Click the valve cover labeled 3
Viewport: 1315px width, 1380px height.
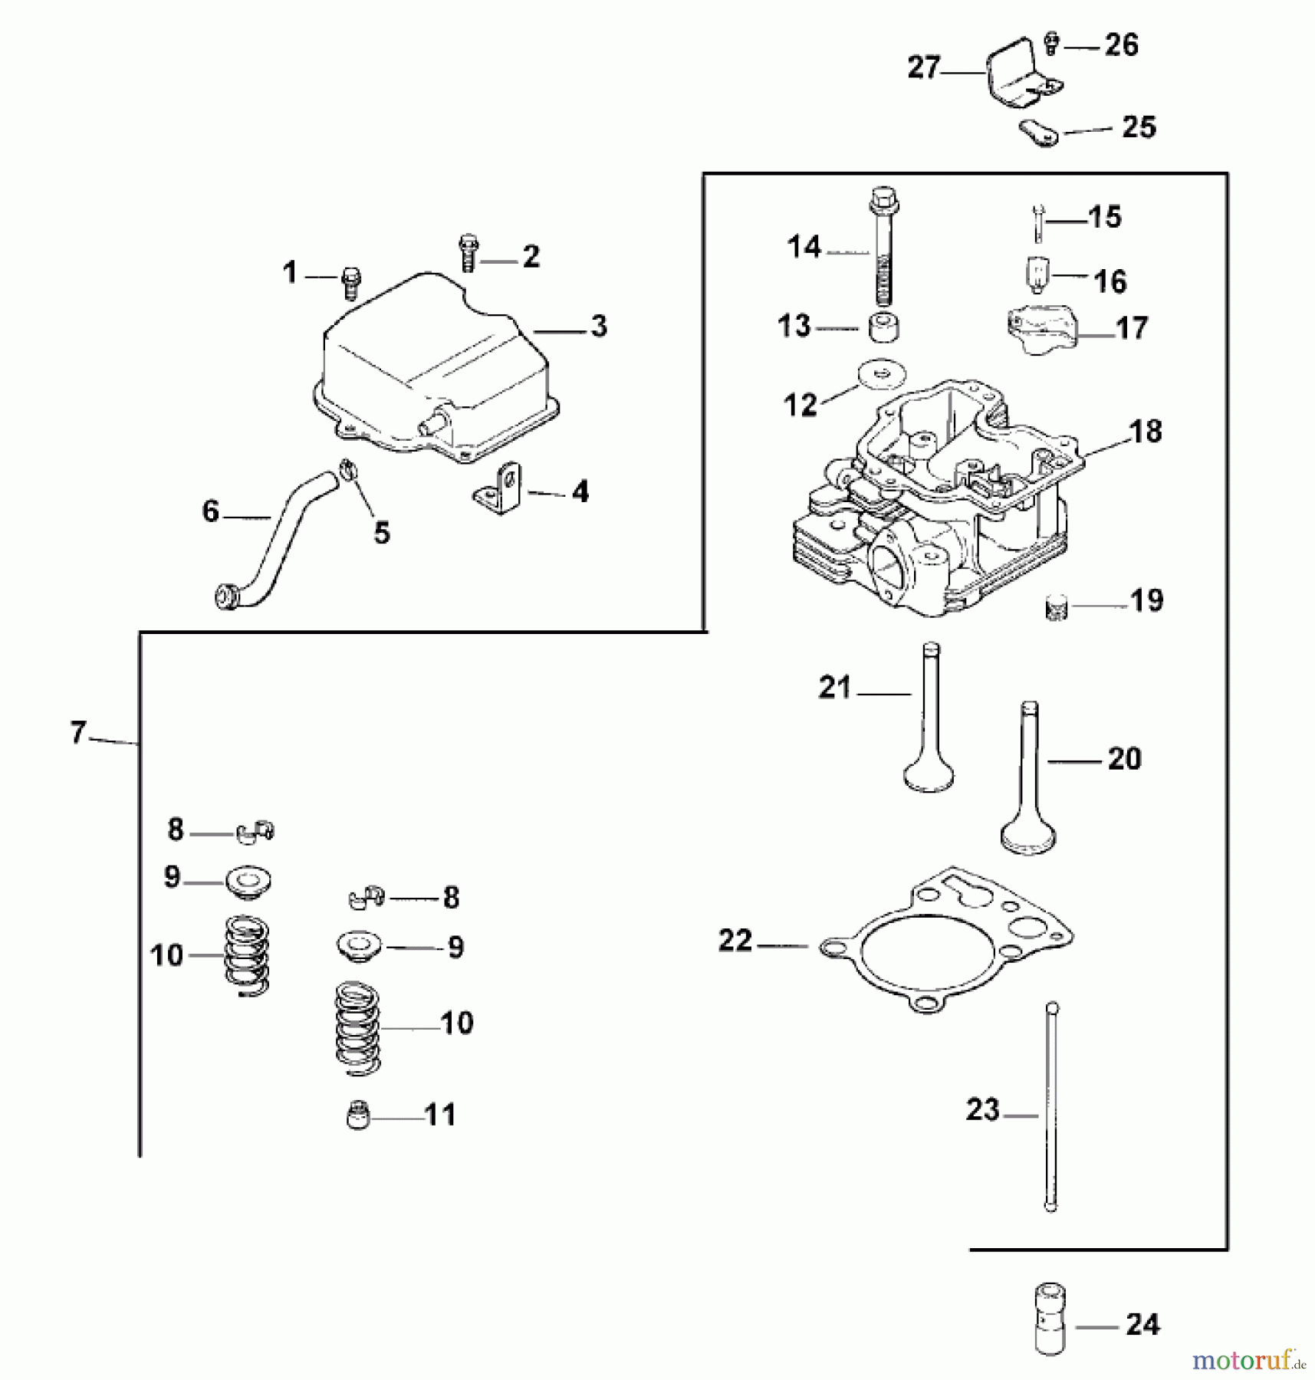click(x=433, y=368)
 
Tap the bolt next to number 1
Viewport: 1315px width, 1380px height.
click(x=351, y=281)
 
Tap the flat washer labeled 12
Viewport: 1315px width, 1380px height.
click(x=882, y=375)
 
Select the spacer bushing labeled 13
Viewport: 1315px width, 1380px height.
click(x=883, y=327)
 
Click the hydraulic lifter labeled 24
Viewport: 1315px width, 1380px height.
click(x=1051, y=1324)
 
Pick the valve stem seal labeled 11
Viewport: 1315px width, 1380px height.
click(x=358, y=1115)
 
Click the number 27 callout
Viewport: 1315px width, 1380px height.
click(x=923, y=67)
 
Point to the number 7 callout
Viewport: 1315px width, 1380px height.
click(x=77, y=733)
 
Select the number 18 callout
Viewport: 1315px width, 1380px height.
click(x=1146, y=432)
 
